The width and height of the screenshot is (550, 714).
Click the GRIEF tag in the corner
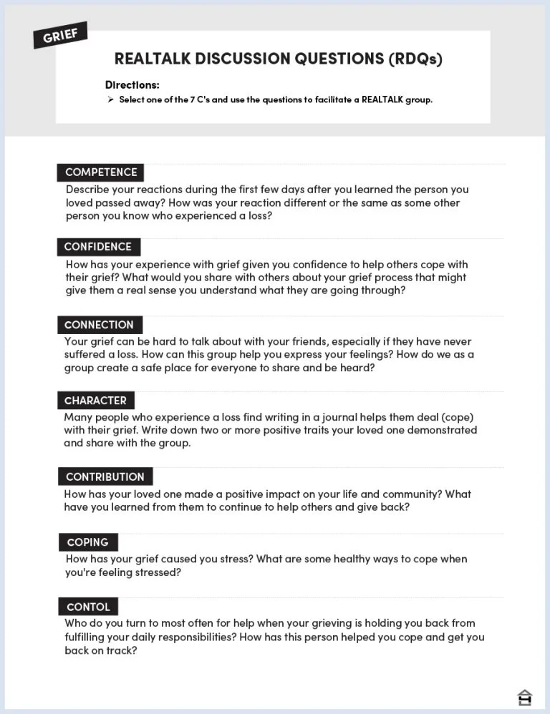click(x=61, y=35)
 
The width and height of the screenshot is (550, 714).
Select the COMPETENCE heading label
click(x=101, y=172)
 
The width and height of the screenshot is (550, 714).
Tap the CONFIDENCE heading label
click(x=98, y=247)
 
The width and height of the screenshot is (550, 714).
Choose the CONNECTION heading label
click(x=99, y=325)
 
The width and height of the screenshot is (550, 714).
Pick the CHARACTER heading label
click(x=95, y=401)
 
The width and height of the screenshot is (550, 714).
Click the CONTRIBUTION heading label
click(x=105, y=476)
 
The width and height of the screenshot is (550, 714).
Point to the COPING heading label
click(x=87, y=542)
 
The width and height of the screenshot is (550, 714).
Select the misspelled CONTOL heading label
click(x=88, y=607)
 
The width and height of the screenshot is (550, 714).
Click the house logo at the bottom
click(x=525, y=697)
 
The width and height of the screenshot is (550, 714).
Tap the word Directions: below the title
click(x=132, y=85)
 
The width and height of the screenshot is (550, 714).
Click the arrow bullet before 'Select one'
click(x=111, y=99)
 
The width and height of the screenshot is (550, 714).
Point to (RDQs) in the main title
click(x=415, y=59)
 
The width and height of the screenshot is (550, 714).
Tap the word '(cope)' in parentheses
click(x=458, y=417)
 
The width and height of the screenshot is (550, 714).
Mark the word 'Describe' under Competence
click(x=87, y=190)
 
